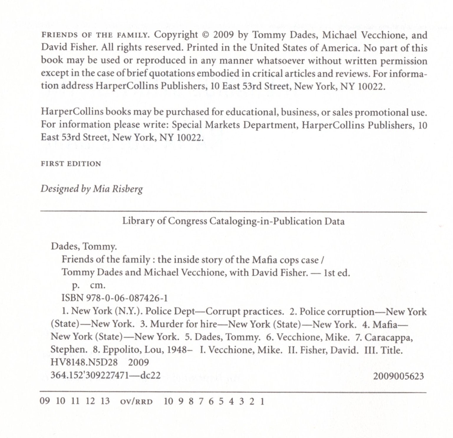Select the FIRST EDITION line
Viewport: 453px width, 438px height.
(x=71, y=164)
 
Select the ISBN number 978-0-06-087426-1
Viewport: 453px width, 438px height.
(x=127, y=298)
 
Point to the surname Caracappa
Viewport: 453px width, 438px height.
(x=389, y=337)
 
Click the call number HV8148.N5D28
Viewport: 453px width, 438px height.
(x=84, y=362)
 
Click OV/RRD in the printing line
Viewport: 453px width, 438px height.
(x=136, y=401)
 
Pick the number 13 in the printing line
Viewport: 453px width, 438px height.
(x=105, y=401)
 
